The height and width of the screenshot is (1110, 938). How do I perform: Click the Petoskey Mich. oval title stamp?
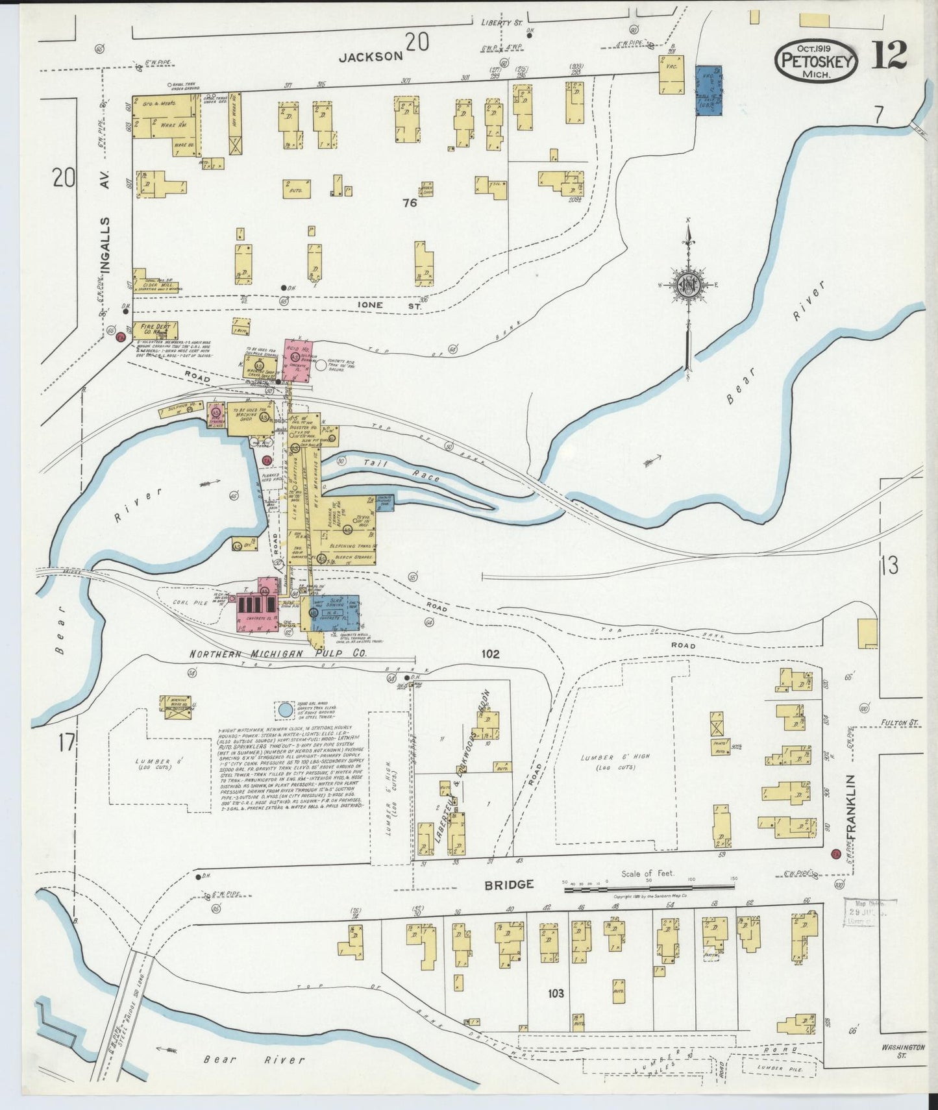coord(816,60)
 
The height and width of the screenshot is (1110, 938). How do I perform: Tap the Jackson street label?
coord(371,57)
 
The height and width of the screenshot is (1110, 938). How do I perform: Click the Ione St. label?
coord(370,304)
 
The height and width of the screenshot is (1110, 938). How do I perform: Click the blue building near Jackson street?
coord(709,90)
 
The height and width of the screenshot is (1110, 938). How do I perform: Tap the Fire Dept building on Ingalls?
coord(154,330)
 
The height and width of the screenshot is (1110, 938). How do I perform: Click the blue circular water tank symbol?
coord(284,710)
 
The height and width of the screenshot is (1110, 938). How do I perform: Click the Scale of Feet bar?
coord(649,887)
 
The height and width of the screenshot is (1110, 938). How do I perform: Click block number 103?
coord(556,993)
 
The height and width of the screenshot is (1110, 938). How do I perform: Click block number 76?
coord(409,203)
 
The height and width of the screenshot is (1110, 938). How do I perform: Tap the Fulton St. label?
coord(900,722)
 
